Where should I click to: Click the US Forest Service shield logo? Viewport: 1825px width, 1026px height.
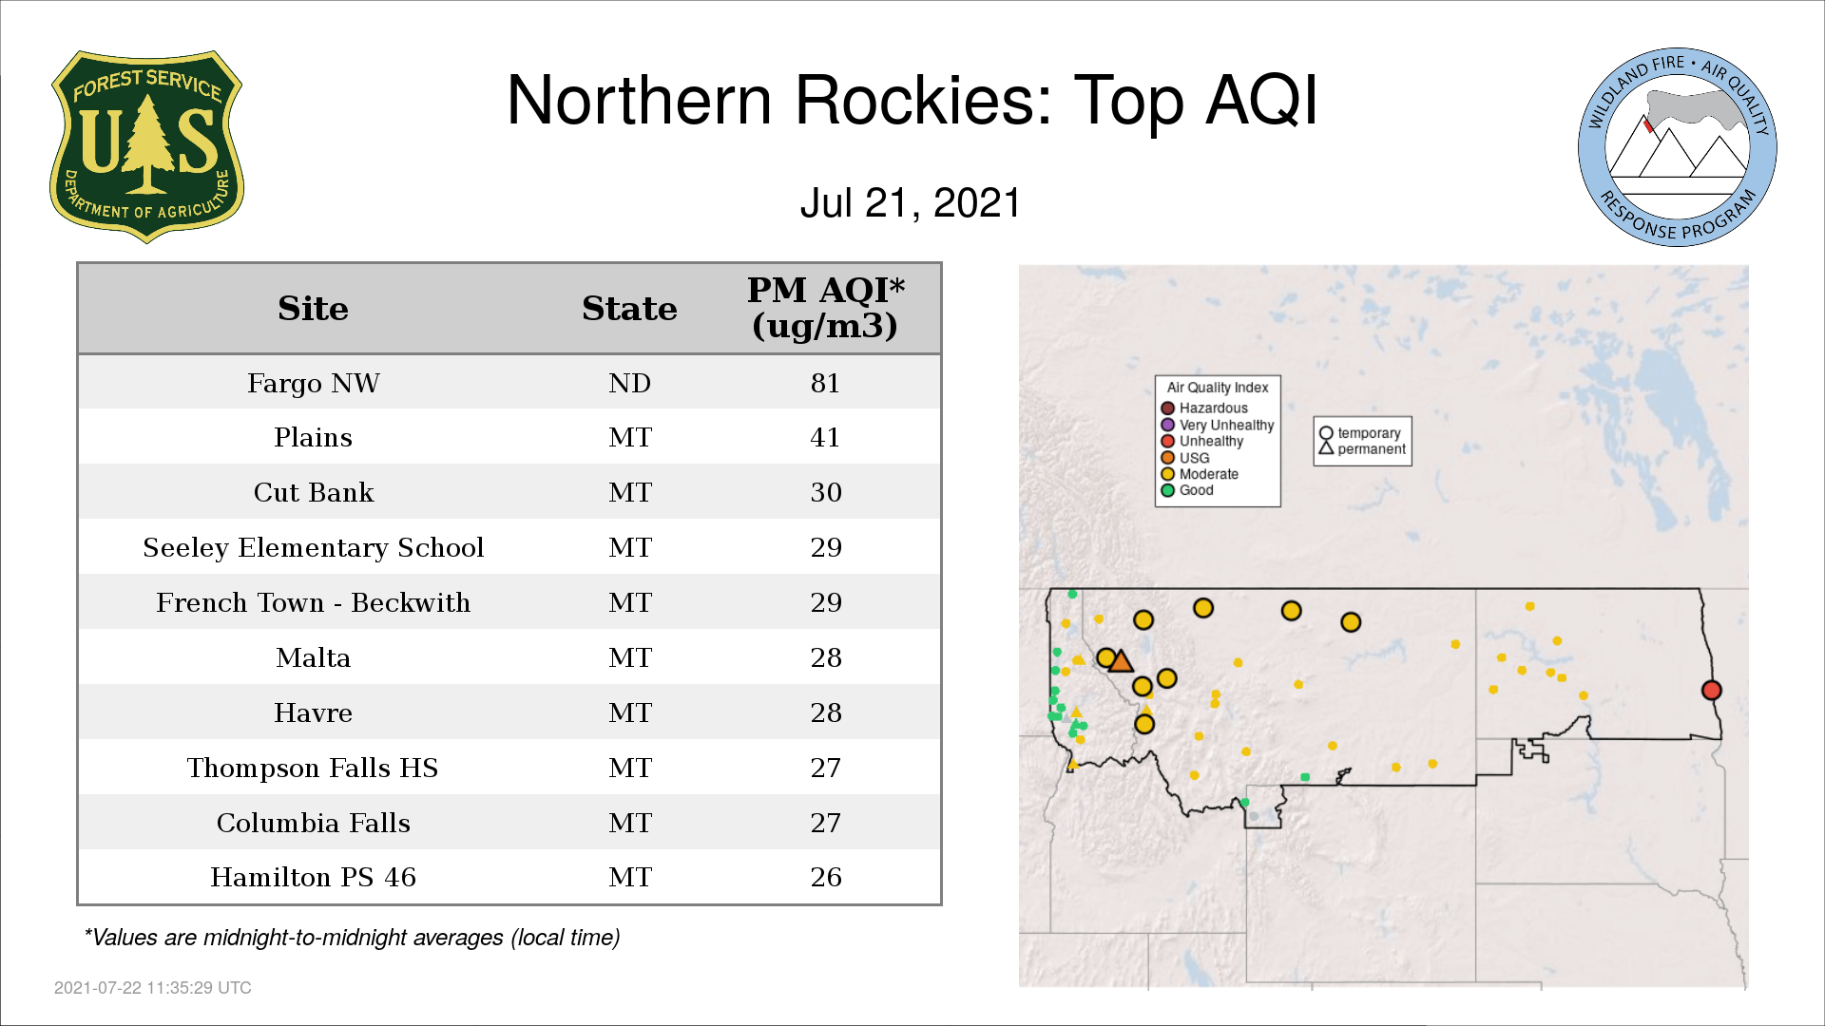[x=146, y=146]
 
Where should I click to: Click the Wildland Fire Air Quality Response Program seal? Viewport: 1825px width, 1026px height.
[x=1678, y=147]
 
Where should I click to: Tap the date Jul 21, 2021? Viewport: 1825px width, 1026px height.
[x=911, y=202]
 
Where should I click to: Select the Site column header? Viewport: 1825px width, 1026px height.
[x=313, y=309]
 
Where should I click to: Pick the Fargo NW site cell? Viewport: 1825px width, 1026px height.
[x=313, y=383]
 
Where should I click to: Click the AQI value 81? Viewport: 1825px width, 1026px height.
[x=825, y=383]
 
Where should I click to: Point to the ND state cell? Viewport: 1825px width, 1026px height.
[x=629, y=383]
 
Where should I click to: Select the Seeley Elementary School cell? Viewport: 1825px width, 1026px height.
[x=313, y=547]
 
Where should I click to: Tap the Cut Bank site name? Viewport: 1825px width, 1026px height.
[x=313, y=492]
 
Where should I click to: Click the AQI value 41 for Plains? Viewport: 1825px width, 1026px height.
[x=825, y=437]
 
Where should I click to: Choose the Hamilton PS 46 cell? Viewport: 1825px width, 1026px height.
[x=313, y=877]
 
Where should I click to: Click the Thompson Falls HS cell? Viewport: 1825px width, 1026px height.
[x=313, y=768]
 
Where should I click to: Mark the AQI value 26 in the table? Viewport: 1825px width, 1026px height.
[x=825, y=877]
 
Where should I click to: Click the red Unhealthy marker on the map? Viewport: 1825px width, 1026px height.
[x=1711, y=691]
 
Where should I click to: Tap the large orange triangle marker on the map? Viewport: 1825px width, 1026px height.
[x=1122, y=662]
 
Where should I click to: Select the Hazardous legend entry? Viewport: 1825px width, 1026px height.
[x=1204, y=408]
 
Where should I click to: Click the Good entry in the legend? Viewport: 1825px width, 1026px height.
[x=1187, y=490]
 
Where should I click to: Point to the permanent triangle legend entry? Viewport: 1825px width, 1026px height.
[x=1361, y=449]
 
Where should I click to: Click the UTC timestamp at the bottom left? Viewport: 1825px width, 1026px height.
[x=153, y=988]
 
